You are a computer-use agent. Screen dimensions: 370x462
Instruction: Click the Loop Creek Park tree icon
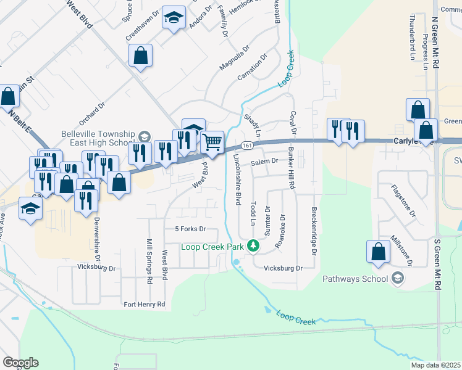(x=253, y=247)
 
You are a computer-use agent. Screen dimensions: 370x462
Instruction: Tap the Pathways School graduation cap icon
(x=398, y=279)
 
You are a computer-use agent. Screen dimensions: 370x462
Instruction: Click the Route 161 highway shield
(x=246, y=146)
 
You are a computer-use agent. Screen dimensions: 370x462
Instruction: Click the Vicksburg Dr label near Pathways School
(x=283, y=268)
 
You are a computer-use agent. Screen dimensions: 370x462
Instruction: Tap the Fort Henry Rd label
(x=144, y=304)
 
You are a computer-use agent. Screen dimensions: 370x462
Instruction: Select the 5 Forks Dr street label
(x=190, y=229)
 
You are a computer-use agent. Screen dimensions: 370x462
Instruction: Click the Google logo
(x=20, y=363)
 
